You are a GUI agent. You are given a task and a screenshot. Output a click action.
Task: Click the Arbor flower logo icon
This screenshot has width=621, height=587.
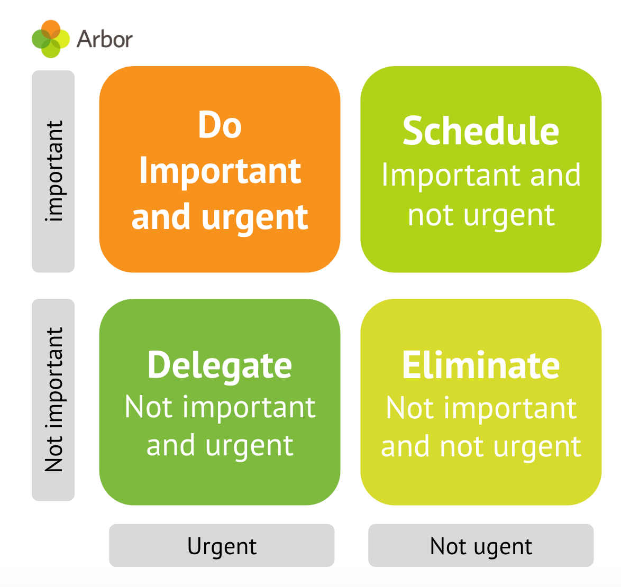point(50,39)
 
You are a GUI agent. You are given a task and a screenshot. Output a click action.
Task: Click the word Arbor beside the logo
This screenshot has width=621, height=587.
point(104,40)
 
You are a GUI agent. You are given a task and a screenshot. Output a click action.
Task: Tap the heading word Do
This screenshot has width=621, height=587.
point(220,125)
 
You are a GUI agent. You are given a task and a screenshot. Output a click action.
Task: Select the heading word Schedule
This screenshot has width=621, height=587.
point(480,131)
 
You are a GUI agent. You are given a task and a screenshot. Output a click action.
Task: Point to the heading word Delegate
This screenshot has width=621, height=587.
point(220,365)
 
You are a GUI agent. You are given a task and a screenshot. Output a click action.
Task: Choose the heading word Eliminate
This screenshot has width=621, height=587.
point(480,365)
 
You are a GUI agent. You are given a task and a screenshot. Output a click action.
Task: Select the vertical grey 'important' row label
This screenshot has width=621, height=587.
point(53,171)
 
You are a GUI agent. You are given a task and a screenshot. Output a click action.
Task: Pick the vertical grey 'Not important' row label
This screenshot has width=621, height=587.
point(53,400)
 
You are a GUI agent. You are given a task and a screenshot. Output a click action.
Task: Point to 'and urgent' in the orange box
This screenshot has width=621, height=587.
point(220,217)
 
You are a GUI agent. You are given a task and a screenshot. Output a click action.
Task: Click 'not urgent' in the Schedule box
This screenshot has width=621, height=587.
point(480,215)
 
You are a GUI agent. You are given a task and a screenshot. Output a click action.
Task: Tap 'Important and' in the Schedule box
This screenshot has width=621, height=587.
point(480,175)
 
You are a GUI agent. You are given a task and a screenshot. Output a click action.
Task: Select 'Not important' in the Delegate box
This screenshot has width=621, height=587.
point(220,407)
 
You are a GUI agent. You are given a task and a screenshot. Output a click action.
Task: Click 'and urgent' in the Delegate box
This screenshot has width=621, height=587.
point(220,446)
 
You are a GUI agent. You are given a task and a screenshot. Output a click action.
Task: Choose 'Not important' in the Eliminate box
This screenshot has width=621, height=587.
point(480,408)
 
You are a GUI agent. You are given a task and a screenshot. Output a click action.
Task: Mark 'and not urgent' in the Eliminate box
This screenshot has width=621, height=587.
point(480,447)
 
